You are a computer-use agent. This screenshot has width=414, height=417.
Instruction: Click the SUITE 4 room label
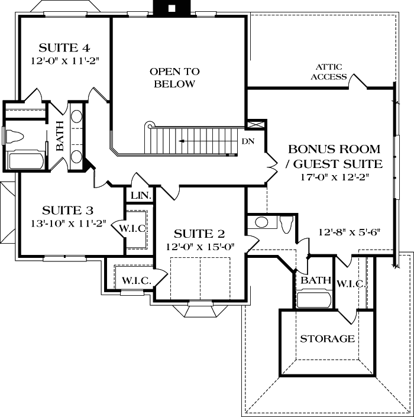tap(64, 48)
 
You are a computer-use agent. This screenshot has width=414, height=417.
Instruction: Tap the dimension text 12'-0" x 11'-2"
tap(65, 61)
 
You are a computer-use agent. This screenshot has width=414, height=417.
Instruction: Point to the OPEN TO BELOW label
tap(174, 77)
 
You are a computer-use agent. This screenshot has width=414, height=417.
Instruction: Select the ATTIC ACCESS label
tap(329, 72)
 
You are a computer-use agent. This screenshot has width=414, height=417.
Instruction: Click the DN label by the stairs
tap(248, 141)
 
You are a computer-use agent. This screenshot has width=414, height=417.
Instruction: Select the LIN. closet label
tap(141, 196)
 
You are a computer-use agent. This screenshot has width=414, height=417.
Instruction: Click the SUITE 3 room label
tap(67, 211)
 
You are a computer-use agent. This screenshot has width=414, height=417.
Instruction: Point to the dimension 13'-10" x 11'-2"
tap(69, 224)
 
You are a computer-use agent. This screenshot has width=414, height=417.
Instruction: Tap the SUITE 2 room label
tap(199, 234)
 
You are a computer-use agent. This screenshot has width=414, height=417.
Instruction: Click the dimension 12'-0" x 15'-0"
tap(200, 247)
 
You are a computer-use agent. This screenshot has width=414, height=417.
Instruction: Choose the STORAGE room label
tap(327, 339)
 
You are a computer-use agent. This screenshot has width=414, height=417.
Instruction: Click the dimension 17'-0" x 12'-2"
tap(335, 177)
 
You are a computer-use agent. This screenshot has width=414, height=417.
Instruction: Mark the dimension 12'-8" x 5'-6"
tap(350, 232)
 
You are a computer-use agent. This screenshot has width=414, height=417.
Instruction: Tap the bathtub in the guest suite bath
tap(314, 300)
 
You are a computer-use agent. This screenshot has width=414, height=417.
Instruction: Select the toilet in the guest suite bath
tap(286, 224)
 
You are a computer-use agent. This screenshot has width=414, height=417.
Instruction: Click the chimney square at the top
tap(172, 8)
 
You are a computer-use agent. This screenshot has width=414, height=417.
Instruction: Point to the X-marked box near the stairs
tap(256, 125)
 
